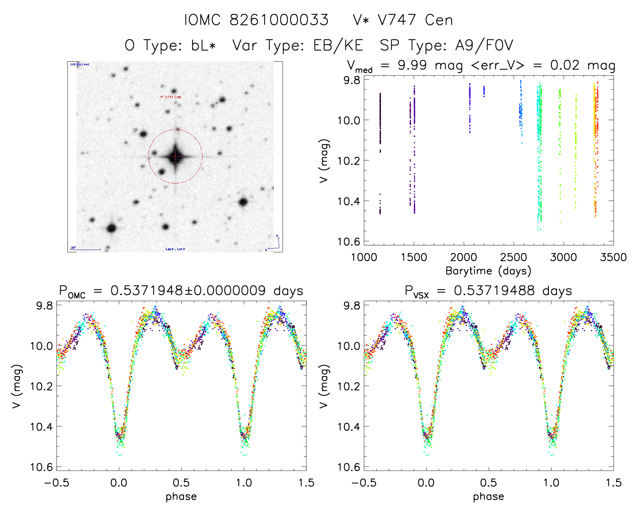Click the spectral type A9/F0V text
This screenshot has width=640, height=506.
447,45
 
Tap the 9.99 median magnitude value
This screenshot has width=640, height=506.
412,65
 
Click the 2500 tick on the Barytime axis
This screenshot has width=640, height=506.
514,257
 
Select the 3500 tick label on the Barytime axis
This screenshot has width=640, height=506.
613,257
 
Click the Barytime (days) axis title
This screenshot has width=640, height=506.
488,271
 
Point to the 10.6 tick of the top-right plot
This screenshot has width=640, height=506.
349,241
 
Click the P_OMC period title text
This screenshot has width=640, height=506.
181,291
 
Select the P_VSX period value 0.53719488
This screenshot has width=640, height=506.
494,291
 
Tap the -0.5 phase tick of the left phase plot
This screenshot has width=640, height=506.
57,483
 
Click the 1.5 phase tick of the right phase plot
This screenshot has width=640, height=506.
613,483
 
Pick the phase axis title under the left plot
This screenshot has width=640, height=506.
181,497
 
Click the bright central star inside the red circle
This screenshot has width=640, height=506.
175,156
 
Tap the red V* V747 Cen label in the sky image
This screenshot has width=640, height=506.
170,97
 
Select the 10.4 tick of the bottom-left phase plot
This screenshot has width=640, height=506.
41,426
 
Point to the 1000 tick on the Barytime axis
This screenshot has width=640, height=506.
364,257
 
